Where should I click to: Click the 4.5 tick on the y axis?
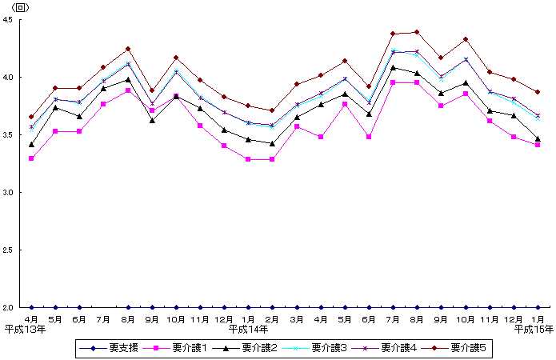tap(18, 20)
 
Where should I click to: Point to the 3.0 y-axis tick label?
tap(18, 193)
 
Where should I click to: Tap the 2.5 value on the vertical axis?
tap(18, 250)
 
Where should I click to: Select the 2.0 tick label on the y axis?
tap(18, 308)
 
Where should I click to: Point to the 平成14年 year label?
tap(249, 329)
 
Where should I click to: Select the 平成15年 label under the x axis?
tap(533, 329)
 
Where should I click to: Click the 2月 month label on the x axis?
tap(273, 319)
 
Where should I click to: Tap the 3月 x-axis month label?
tap(297, 319)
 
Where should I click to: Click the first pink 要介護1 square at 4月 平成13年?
tap(31, 158)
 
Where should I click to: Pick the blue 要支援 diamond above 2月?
tap(273, 307)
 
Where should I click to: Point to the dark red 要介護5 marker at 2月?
tap(273, 110)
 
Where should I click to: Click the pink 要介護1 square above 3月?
tap(297, 126)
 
